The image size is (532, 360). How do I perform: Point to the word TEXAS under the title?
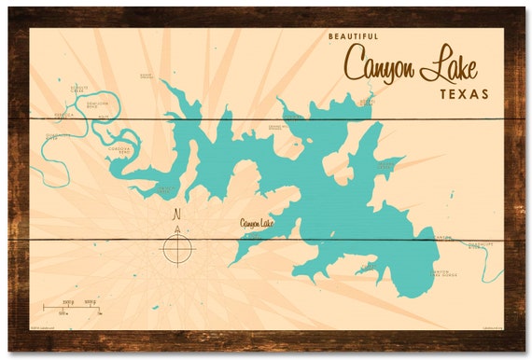click(464, 94)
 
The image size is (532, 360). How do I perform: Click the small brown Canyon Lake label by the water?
click(257, 222)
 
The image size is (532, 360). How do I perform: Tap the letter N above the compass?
click(176, 214)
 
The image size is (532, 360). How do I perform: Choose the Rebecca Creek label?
click(63, 116)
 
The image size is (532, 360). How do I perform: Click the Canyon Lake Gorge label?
click(446, 273)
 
